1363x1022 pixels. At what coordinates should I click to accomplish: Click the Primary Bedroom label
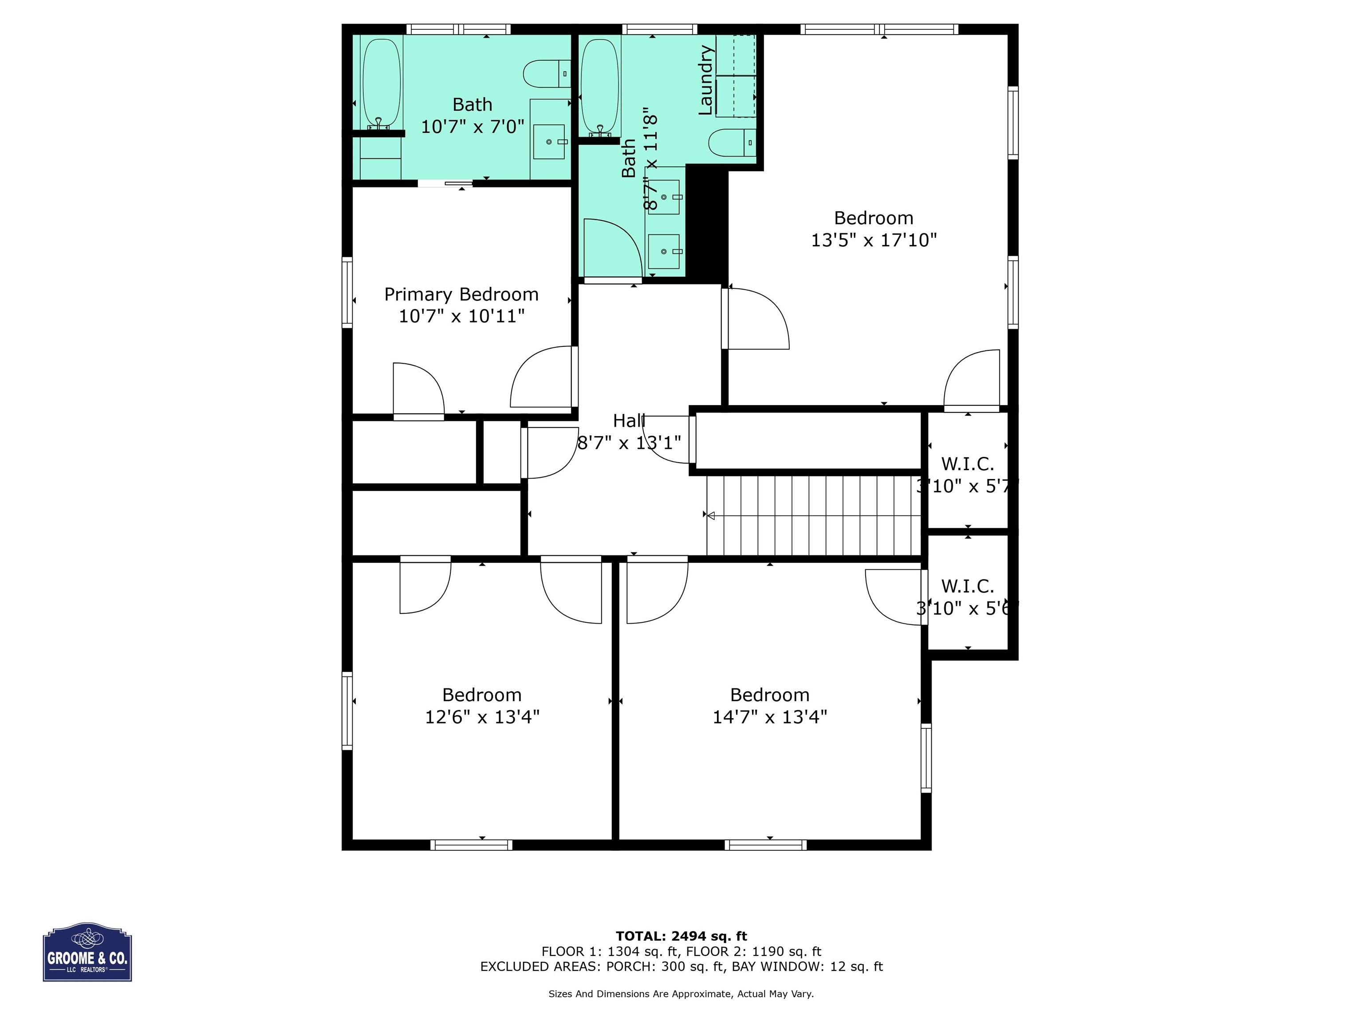(461, 295)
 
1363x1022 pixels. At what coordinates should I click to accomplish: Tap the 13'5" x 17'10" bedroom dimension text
(874, 240)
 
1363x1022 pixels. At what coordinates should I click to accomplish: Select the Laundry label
(705, 80)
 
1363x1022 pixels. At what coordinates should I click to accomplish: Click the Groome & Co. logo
(87, 952)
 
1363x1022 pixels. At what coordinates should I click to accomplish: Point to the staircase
(813, 515)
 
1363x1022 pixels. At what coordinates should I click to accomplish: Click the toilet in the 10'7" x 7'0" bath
(547, 74)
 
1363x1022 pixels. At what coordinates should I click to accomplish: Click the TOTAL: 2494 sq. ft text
(681, 936)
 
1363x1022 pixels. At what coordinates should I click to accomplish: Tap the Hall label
(629, 421)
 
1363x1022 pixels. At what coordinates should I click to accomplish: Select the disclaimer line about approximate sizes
(681, 994)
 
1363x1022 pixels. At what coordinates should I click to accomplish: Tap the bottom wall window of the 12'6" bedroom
(471, 845)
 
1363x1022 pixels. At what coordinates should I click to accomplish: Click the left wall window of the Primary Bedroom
(347, 291)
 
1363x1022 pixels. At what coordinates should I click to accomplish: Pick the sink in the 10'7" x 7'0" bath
(549, 142)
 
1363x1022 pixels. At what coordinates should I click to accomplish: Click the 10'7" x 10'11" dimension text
(461, 316)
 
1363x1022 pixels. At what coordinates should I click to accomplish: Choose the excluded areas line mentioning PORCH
(681, 967)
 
